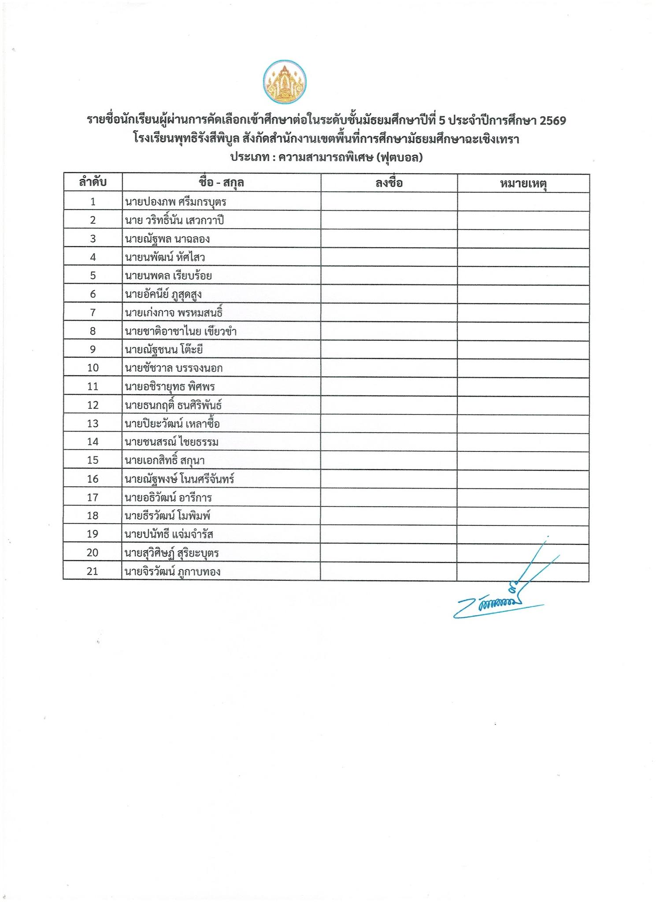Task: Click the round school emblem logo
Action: [285, 82]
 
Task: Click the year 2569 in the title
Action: [552, 121]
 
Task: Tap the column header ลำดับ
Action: [93, 182]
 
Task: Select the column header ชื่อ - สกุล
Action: [221, 182]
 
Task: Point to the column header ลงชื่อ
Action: [389, 183]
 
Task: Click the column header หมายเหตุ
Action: [523, 183]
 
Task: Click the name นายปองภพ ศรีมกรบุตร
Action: [175, 202]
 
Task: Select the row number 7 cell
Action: [93, 312]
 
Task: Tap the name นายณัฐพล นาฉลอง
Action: [167, 239]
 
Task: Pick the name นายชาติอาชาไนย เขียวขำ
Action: [181, 331]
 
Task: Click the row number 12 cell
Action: [93, 405]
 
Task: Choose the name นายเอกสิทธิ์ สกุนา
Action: [164, 461]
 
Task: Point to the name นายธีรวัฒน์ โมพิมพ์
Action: [167, 516]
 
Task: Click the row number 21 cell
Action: [92, 571]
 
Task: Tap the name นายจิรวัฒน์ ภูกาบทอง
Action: [172, 572]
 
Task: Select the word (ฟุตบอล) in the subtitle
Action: [400, 157]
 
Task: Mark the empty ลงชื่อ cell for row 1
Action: [389, 202]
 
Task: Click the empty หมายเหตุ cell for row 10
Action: [523, 368]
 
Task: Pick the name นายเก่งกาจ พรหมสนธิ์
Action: [174, 313]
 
